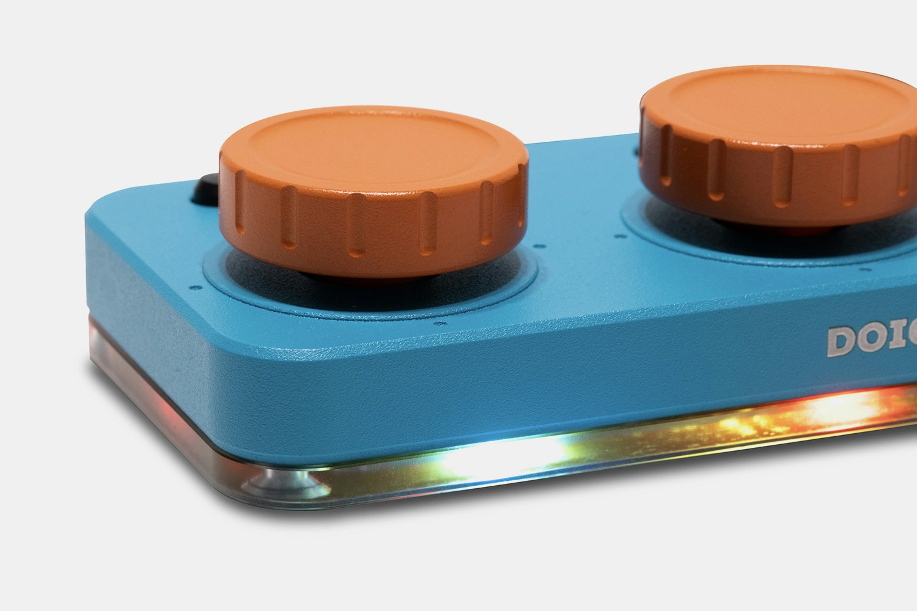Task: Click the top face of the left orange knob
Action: pos(373,147)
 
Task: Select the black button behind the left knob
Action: pos(205,189)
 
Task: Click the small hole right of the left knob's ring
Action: pos(536,247)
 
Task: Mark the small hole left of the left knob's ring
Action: pos(192,288)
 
